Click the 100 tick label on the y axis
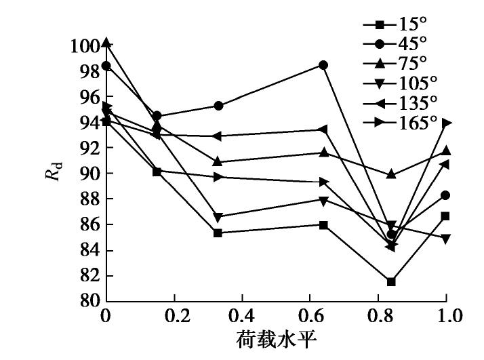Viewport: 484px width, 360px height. click(85, 46)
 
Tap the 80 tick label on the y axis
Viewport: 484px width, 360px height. click(91, 301)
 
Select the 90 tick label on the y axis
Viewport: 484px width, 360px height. click(91, 174)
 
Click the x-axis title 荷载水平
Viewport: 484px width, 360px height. click(277, 340)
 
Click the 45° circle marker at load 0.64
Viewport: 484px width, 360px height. click(323, 65)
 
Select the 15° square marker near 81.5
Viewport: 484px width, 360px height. click(391, 281)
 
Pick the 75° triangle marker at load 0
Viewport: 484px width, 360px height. click(106, 43)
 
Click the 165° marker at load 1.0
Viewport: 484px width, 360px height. click(446, 123)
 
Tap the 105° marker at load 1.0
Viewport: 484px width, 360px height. click(446, 239)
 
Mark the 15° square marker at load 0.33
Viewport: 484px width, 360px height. click(218, 233)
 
